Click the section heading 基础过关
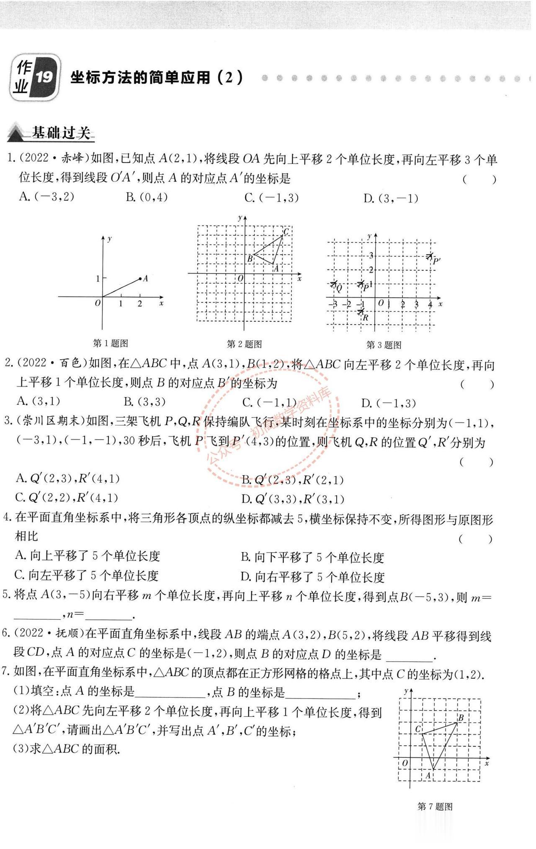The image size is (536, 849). point(61,133)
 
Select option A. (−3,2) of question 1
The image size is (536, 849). point(46,197)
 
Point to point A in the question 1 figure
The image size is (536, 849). point(140,279)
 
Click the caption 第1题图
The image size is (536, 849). point(110,343)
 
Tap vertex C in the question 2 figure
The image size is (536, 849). point(283,235)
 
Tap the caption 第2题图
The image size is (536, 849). point(244,344)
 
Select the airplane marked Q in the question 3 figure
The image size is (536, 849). point(334,284)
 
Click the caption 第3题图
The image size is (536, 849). point(384,345)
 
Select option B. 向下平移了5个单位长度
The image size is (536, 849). point(312,557)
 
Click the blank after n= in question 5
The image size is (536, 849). point(108,615)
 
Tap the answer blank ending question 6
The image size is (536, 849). point(408,655)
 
